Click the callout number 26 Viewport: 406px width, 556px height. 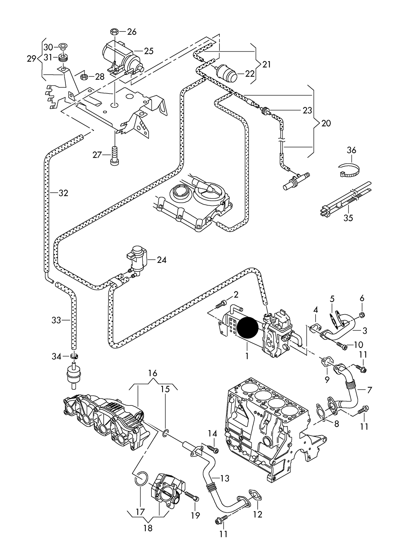(131, 32)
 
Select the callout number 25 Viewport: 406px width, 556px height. (149, 51)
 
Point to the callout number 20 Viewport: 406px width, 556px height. (326, 123)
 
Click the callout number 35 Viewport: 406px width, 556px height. (348, 218)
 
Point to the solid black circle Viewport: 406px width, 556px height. (248, 327)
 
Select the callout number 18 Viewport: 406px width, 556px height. (148, 527)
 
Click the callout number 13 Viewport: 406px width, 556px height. (225, 478)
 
